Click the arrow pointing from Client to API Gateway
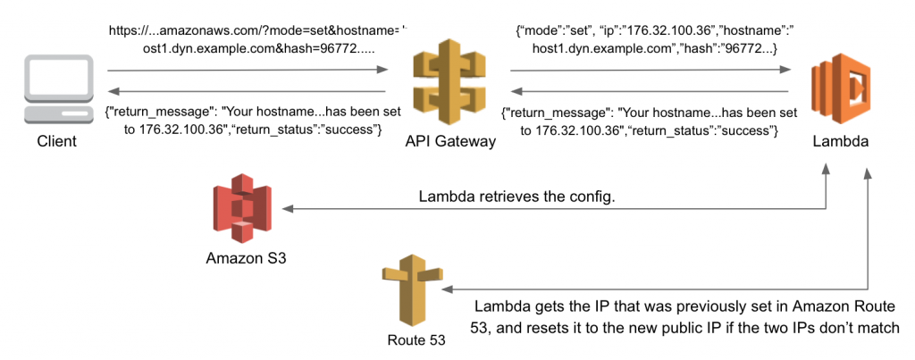point(247,71)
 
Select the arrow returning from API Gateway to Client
point(247,91)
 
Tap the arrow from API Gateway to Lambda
point(649,71)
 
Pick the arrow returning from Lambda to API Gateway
point(649,91)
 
